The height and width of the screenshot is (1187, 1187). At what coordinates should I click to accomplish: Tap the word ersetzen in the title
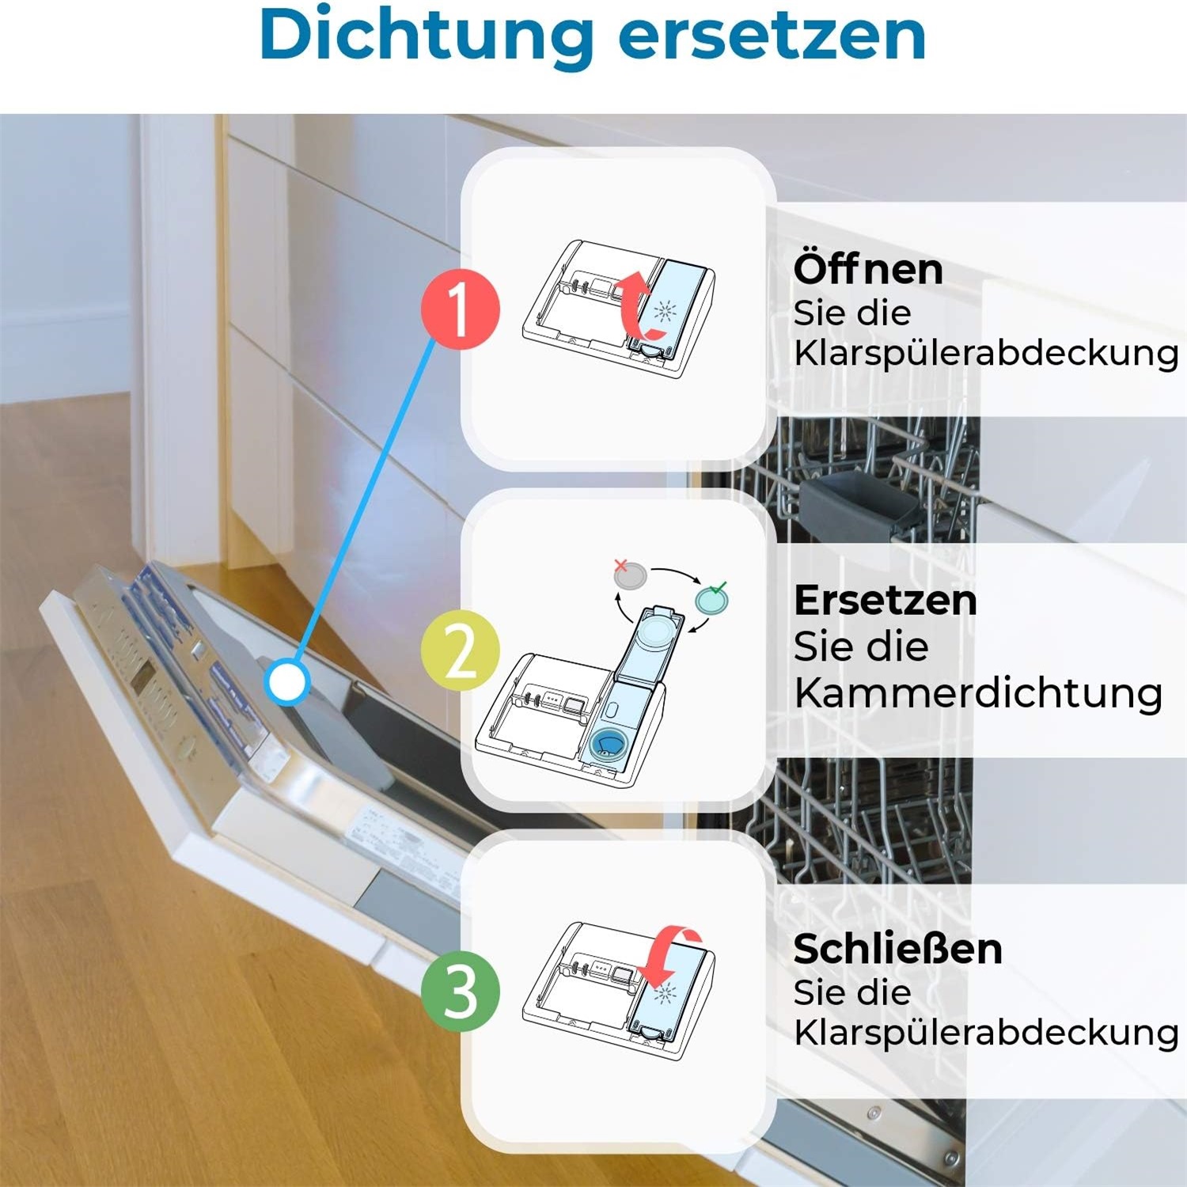pyautogui.click(x=772, y=36)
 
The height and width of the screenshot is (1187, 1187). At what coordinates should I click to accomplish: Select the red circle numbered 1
pyautogui.click(x=460, y=309)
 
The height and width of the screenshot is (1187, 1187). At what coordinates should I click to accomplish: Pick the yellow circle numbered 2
pyautogui.click(x=460, y=650)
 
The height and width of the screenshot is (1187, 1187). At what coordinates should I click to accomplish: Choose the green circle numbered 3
pyautogui.click(x=460, y=992)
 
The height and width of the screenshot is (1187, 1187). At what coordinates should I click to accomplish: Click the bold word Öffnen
pyautogui.click(x=868, y=269)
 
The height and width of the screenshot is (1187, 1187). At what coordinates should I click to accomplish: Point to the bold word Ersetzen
pyautogui.click(x=885, y=600)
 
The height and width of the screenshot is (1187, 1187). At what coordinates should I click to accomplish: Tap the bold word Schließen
pyautogui.click(x=897, y=948)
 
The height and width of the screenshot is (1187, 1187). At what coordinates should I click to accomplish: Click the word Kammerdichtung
pyautogui.click(x=978, y=692)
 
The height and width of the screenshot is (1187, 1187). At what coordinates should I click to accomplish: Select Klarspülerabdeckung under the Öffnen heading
pyautogui.click(x=986, y=353)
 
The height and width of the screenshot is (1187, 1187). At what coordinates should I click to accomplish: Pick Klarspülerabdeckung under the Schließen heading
pyautogui.click(x=986, y=1032)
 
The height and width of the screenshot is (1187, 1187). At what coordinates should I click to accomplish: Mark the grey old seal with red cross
pyautogui.click(x=630, y=575)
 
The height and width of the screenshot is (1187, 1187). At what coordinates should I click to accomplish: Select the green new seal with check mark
pyautogui.click(x=711, y=599)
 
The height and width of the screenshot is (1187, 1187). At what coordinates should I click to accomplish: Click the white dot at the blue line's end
pyautogui.click(x=287, y=682)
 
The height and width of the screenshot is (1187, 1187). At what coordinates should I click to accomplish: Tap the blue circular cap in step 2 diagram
pyautogui.click(x=609, y=745)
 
